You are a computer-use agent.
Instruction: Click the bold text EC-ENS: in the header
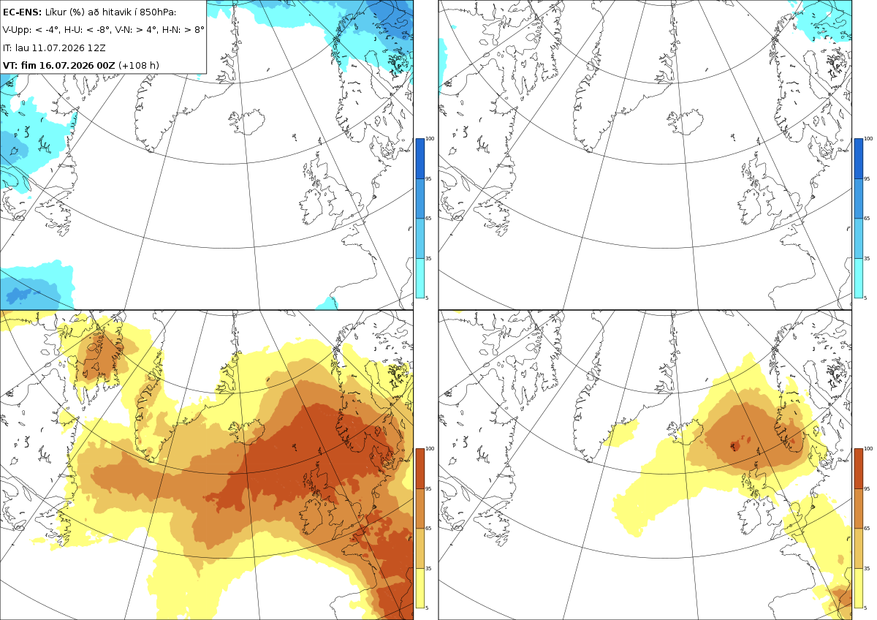pyautogui.click(x=22, y=12)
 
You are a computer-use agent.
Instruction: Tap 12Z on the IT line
pyautogui.click(x=96, y=48)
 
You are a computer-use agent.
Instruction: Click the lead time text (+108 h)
pyautogui.click(x=139, y=65)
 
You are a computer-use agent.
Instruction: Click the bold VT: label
pyautogui.click(x=10, y=65)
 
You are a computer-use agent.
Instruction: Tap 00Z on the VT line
pyautogui.click(x=106, y=65)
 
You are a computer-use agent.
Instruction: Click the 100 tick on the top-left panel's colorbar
pyautogui.click(x=430, y=139)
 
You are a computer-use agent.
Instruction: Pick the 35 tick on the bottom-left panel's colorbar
pyautogui.click(x=428, y=568)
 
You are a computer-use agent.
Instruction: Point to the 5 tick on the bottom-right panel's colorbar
pyautogui.click(x=865, y=608)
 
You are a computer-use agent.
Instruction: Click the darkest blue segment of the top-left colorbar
pyautogui.click(x=419, y=159)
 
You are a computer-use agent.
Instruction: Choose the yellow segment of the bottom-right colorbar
pyautogui.click(x=858, y=588)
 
